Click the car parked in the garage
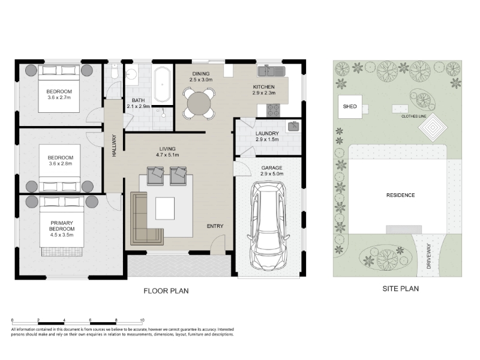pyautogui.click(x=268, y=226)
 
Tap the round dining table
pyautogui.click(x=199, y=103)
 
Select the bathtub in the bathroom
pyautogui.click(x=162, y=85)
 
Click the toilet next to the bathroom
pyautogui.click(x=115, y=72)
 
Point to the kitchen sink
pyautogui.click(x=272, y=71)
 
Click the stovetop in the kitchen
pyautogui.click(x=273, y=110)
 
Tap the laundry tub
pyautogui.click(x=293, y=127)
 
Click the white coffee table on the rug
pyautogui.click(x=165, y=208)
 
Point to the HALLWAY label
pyautogui.click(x=114, y=146)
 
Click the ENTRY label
pyautogui.click(x=215, y=226)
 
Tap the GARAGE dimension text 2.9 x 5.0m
pyautogui.click(x=272, y=174)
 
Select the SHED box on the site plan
pyautogui.click(x=350, y=107)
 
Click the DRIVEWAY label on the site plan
pyautogui.click(x=428, y=256)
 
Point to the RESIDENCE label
pyautogui.click(x=400, y=195)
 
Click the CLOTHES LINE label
pyautogui.click(x=413, y=116)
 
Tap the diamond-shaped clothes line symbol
pyautogui.click(x=433, y=127)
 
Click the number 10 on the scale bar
pyautogui.click(x=142, y=320)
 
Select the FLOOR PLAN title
pyautogui.click(x=166, y=291)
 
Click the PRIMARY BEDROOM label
pyautogui.click(x=62, y=226)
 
